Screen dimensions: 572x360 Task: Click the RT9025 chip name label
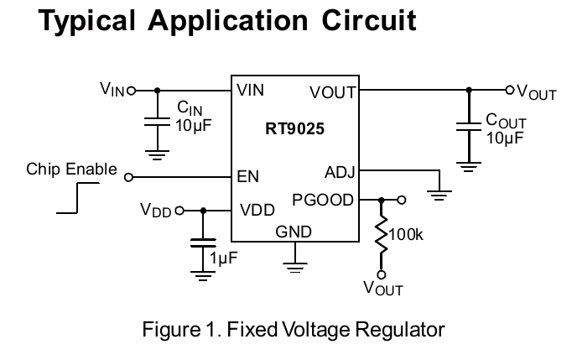pos(294,129)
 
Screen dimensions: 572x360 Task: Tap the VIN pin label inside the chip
pos(250,90)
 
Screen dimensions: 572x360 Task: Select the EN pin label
pos(247,177)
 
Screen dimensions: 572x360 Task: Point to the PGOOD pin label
pos(323,200)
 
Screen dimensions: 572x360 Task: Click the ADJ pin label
pos(340,172)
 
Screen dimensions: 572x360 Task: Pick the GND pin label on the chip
pos(294,232)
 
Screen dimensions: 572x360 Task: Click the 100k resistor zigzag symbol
pos(382,235)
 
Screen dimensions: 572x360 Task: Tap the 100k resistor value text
pos(406,235)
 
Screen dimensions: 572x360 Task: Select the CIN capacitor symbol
pos(157,122)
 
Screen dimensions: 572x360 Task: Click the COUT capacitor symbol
pos(469,127)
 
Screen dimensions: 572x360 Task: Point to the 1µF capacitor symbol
pos(203,243)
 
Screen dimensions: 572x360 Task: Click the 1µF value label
pos(223,258)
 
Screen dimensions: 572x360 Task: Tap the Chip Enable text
pos(71,170)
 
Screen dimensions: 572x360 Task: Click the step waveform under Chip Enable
pos(77,198)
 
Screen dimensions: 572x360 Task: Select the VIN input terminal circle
pos(132,90)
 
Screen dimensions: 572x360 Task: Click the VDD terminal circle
pos(179,211)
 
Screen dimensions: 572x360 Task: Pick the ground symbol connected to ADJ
pos(439,196)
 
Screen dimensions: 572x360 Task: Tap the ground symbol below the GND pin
pos(294,268)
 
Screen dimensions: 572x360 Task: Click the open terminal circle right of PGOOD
pos(402,200)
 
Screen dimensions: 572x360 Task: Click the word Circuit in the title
pos(369,20)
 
